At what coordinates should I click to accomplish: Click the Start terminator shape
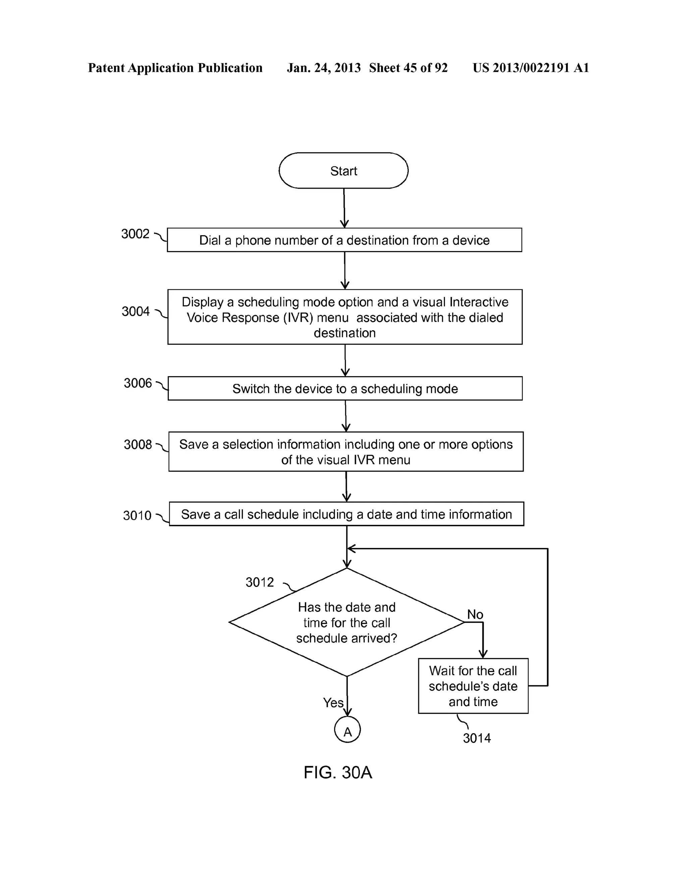343,171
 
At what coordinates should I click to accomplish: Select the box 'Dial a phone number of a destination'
344,240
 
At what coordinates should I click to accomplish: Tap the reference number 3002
136,234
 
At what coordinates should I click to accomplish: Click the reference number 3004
136,311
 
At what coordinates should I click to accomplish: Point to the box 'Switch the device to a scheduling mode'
345,389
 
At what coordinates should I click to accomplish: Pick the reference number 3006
138,383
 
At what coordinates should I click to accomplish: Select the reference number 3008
138,445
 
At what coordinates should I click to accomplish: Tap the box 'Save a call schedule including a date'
346,514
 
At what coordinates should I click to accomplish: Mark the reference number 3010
137,515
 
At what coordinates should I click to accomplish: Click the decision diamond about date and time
347,622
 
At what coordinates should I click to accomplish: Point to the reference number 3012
260,583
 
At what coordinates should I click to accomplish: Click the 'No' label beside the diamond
475,614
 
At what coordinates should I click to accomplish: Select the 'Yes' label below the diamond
333,703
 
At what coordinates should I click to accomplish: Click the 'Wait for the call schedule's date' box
473,686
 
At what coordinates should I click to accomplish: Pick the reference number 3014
477,738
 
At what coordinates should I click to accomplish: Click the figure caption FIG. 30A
338,773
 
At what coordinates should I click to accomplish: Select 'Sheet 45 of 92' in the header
408,68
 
